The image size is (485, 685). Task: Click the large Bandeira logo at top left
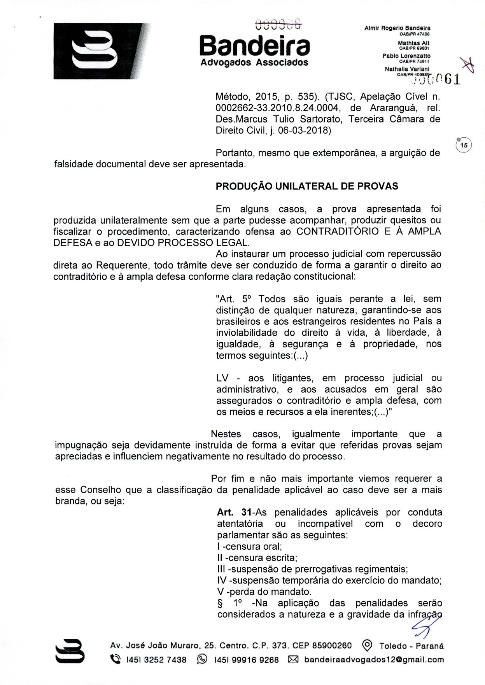tap(102, 51)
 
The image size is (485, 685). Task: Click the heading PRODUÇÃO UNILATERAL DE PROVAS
tap(307, 186)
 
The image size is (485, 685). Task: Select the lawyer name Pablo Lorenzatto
tap(406, 56)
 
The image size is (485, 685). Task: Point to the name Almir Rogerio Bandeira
tap(397, 28)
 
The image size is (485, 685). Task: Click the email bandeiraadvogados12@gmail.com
tap(374, 659)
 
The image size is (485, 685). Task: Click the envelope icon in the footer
tap(293, 659)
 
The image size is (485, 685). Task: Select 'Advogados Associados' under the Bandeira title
tap(254, 63)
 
